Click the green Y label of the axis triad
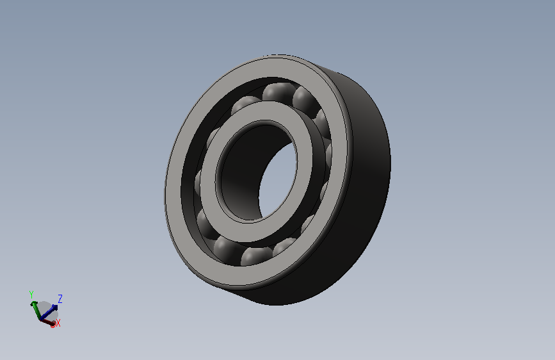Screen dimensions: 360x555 (x=31, y=294)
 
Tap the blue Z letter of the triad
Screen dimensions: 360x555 (x=60, y=299)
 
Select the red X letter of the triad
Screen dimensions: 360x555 (x=58, y=323)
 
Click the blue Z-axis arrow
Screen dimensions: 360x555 (x=50, y=309)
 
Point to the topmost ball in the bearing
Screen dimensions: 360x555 (x=277, y=92)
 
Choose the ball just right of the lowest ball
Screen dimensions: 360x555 (x=284, y=247)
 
